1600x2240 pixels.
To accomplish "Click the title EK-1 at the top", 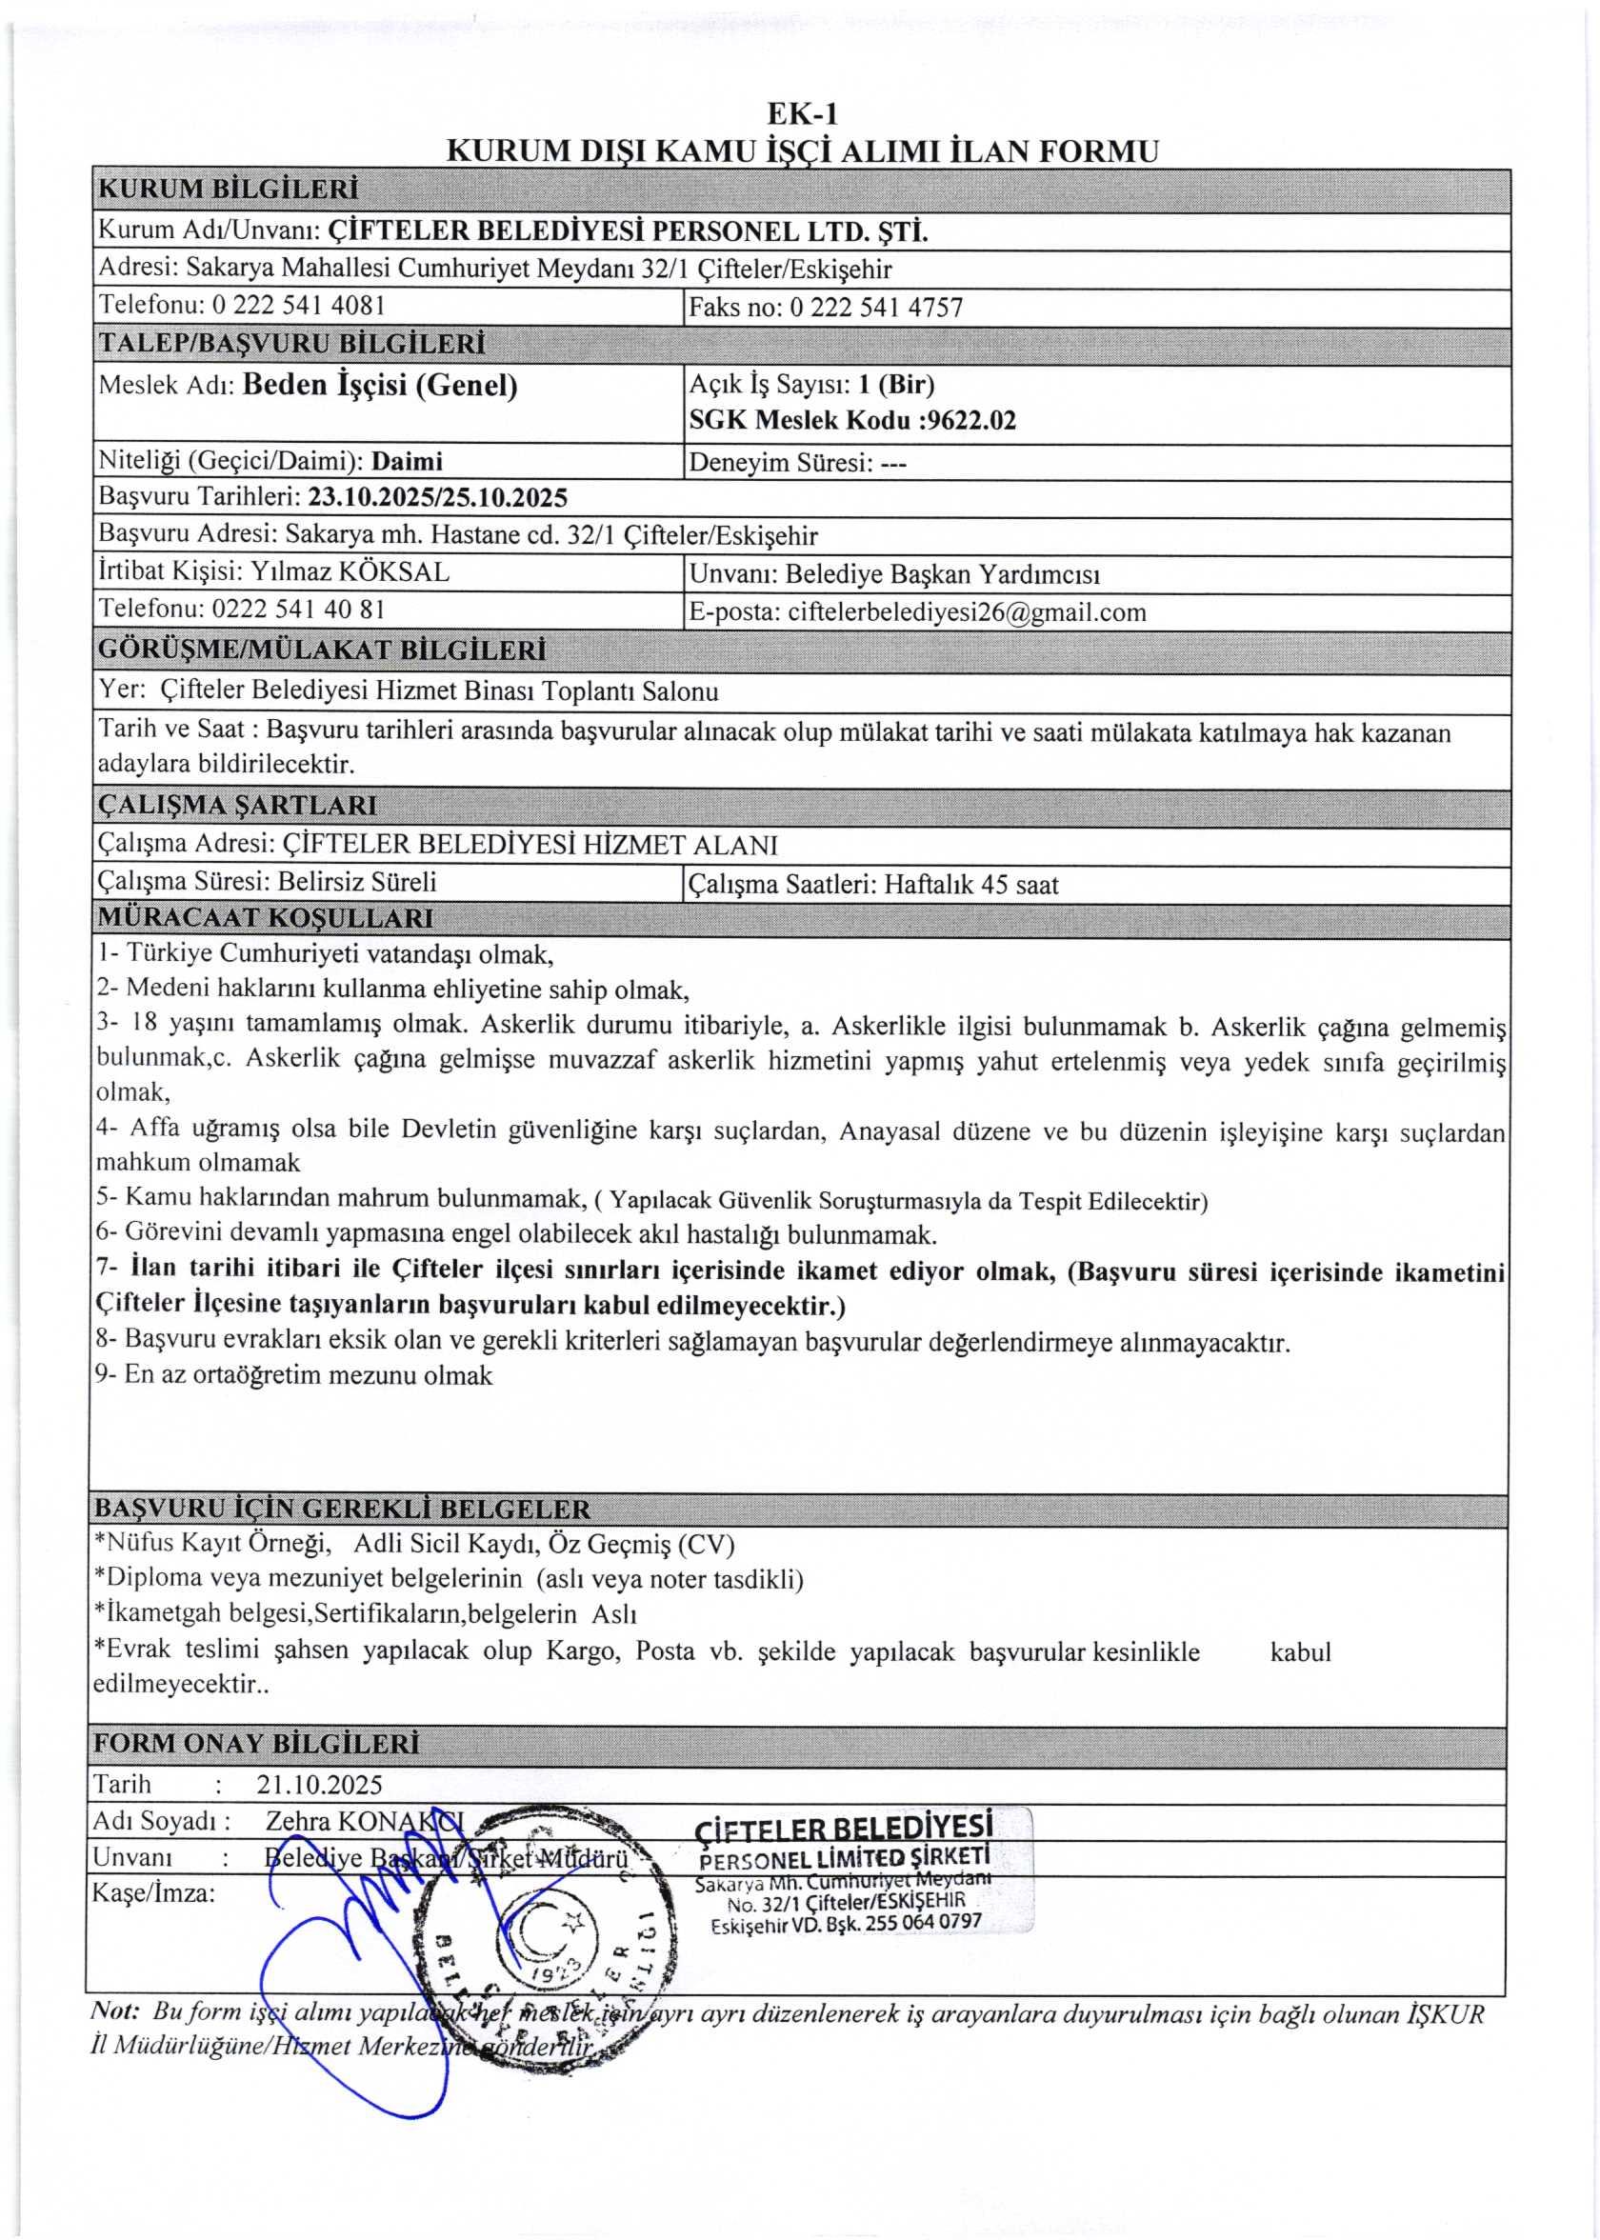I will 803,115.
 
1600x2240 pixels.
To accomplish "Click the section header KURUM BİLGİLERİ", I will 228,189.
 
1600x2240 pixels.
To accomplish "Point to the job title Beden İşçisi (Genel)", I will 379,385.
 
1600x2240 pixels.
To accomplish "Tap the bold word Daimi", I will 407,461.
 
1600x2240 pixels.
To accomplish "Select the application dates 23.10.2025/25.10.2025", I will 437,497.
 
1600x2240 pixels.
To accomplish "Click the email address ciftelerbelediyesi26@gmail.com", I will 967,612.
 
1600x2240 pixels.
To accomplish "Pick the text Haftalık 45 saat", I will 970,885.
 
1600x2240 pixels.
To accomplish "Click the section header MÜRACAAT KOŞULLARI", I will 265,919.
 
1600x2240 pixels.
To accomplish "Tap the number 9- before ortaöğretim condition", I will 107,1375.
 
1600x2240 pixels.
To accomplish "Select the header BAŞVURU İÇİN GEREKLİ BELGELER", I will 342,1509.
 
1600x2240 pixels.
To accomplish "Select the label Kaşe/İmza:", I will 152,1893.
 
